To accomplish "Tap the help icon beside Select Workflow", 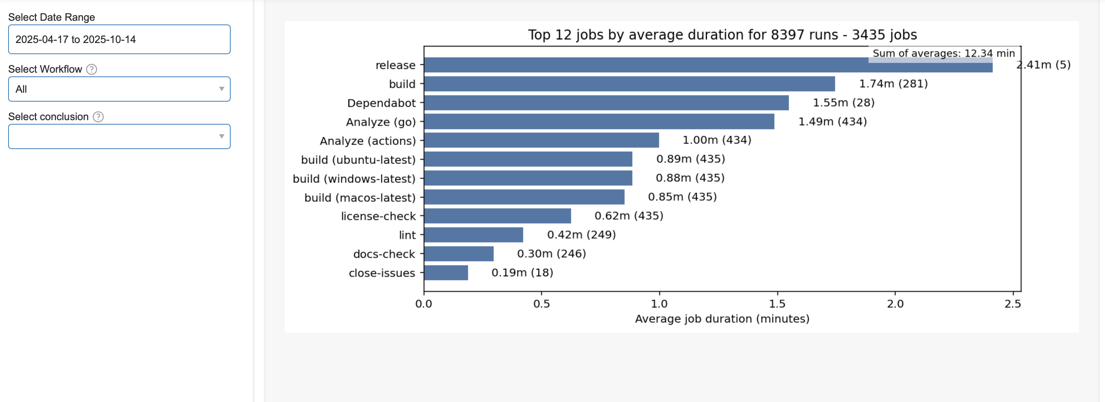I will (x=91, y=69).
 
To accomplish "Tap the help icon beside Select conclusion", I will (x=98, y=117).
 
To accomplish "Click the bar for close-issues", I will (x=446, y=273).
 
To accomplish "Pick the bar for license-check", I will (x=497, y=216).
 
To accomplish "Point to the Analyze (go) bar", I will (x=599, y=122).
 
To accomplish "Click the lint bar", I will (x=473, y=235).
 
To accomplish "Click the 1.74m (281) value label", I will (x=893, y=84).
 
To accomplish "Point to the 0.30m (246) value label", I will (x=551, y=254).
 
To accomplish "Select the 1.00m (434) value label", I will (x=717, y=140).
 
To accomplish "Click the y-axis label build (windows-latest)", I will (x=354, y=178).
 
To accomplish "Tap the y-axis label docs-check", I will (x=384, y=254).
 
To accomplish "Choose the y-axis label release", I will (x=395, y=65).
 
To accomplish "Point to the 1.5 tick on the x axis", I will (x=777, y=304).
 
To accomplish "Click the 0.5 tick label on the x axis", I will (x=541, y=304).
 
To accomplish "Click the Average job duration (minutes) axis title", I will (x=722, y=319).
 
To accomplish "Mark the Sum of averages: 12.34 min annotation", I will (x=943, y=53).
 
